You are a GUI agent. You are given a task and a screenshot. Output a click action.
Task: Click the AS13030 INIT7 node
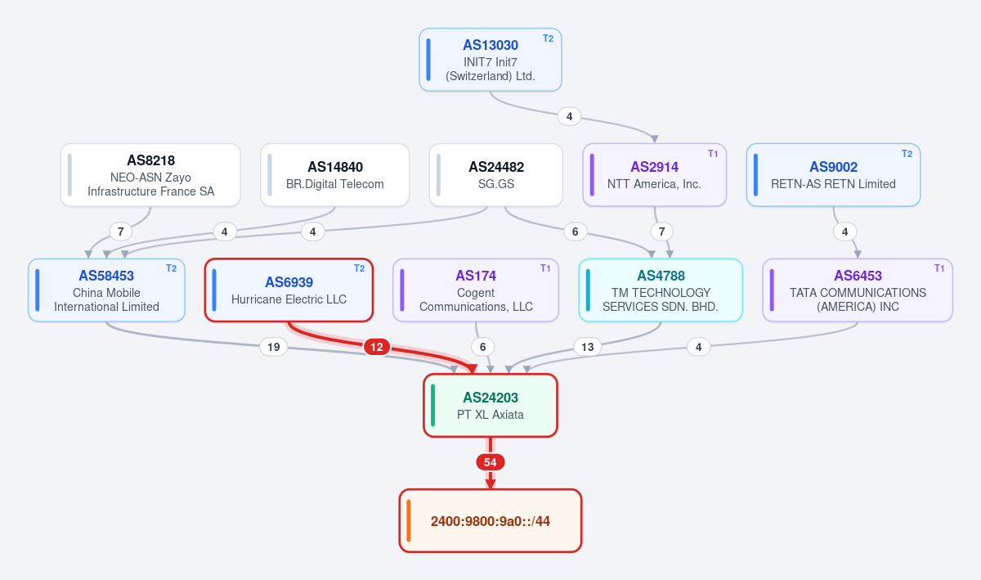click(490, 60)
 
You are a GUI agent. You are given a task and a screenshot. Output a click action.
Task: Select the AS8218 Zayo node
click(150, 175)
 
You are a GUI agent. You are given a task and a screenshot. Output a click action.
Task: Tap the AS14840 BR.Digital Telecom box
click(335, 175)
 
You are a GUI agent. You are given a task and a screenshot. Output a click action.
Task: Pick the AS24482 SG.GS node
click(495, 175)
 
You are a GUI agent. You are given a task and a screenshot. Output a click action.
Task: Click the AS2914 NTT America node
click(654, 175)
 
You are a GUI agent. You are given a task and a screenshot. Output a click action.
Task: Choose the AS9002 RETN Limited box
click(833, 175)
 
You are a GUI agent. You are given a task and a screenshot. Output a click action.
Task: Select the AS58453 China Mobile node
click(106, 290)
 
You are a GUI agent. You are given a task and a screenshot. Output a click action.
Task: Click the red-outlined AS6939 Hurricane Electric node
click(289, 290)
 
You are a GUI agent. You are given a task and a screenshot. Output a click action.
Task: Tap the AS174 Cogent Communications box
click(476, 290)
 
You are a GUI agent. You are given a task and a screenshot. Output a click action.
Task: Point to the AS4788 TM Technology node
click(661, 290)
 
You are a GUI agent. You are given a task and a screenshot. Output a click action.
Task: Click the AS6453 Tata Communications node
click(858, 290)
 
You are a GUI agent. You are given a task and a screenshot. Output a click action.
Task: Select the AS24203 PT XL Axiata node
click(490, 406)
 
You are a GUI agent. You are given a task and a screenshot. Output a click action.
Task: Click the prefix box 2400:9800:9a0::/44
click(490, 521)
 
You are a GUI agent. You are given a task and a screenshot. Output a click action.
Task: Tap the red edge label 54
click(490, 462)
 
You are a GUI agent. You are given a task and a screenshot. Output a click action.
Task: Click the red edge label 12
click(377, 347)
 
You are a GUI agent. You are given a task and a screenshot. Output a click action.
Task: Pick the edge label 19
click(274, 347)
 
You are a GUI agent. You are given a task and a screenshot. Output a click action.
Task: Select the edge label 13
click(587, 347)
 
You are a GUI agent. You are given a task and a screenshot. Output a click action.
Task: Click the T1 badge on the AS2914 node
click(713, 154)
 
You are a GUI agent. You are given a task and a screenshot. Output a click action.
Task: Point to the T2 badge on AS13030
click(549, 38)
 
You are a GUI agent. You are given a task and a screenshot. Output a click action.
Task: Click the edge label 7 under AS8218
click(120, 232)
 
